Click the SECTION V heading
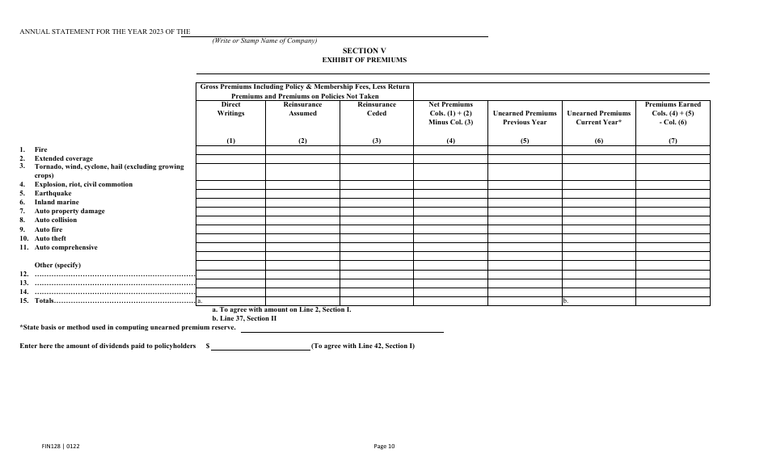(x=364, y=50)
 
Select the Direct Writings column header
(x=230, y=109)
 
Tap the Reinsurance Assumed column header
(x=302, y=109)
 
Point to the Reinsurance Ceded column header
(x=377, y=109)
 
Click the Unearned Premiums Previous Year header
(x=525, y=118)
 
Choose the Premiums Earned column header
(x=673, y=113)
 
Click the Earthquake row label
(x=53, y=193)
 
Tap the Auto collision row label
(x=56, y=220)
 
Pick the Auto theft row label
(x=50, y=238)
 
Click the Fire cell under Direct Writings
(x=230, y=149)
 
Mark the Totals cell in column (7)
(x=673, y=301)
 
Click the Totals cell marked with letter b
(x=599, y=301)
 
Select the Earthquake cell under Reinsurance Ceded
(x=377, y=193)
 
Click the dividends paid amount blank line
(x=261, y=346)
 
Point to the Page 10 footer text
(x=384, y=446)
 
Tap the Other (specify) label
(x=57, y=265)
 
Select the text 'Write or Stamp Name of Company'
(x=264, y=41)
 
